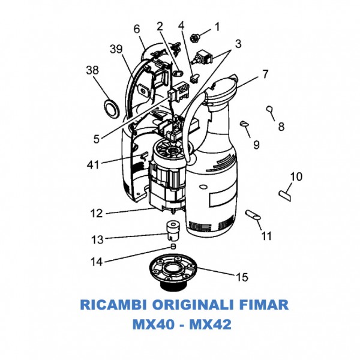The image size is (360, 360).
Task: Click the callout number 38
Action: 92,70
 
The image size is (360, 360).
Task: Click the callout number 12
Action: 96,213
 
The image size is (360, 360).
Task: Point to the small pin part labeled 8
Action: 270,109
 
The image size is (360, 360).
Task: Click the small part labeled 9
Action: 244,124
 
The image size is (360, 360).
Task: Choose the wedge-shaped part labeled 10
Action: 284,193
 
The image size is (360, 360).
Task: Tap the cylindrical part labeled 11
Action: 253,214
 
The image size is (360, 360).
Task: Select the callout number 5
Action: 97,139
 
